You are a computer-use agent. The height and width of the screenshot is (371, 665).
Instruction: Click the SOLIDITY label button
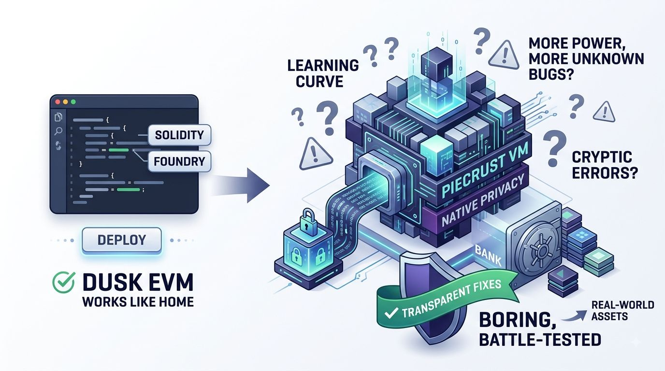179,135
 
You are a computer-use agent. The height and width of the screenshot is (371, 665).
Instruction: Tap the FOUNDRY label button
179,161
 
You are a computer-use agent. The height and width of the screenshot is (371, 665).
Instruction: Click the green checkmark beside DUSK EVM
63,282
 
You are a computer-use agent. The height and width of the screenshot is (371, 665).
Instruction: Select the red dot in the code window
58,102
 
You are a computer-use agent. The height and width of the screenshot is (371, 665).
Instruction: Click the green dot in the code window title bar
73,102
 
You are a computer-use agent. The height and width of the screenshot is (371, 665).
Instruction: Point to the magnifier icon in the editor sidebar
58,131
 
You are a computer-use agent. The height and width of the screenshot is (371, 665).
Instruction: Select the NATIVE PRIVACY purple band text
482,202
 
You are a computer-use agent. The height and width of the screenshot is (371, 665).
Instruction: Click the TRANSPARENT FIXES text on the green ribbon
451,298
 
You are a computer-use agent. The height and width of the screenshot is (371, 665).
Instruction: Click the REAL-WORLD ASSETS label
622,311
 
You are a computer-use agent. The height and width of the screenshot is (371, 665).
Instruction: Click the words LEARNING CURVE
323,73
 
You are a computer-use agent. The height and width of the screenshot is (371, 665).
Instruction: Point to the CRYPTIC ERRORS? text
605,165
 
